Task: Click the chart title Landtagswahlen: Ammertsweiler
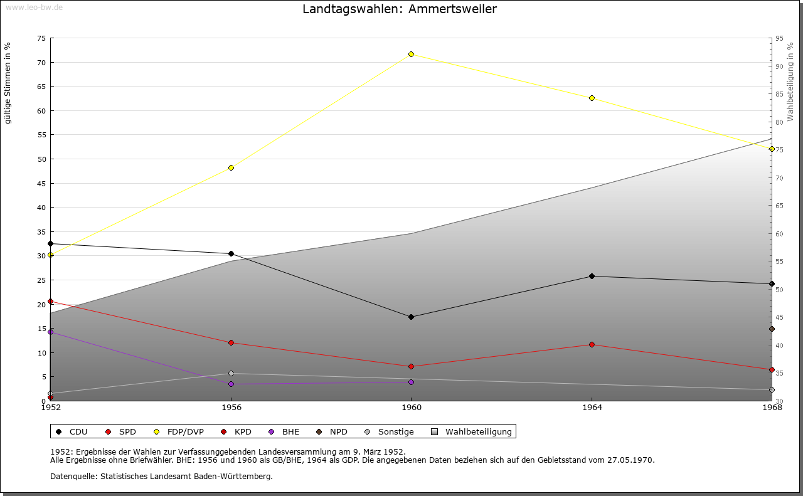pyautogui.click(x=399, y=9)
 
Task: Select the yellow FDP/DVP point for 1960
pyautogui.click(x=411, y=54)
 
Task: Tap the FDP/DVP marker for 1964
pyautogui.click(x=592, y=98)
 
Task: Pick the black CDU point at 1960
pyautogui.click(x=411, y=317)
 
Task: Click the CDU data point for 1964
pyautogui.click(x=592, y=276)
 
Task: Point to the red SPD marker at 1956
pyautogui.click(x=231, y=342)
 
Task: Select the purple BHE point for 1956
pyautogui.click(x=231, y=384)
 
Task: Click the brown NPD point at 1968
pyautogui.click(x=772, y=329)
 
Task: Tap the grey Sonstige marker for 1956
pyautogui.click(x=231, y=373)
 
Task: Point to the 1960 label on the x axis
pyautogui.click(x=411, y=408)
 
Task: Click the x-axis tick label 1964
pyautogui.click(x=592, y=408)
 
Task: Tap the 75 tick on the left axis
pyautogui.click(x=41, y=38)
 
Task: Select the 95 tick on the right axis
pyautogui.click(x=779, y=38)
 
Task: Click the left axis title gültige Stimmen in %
pyautogui.click(x=8, y=83)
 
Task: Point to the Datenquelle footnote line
pyautogui.click(x=161, y=476)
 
